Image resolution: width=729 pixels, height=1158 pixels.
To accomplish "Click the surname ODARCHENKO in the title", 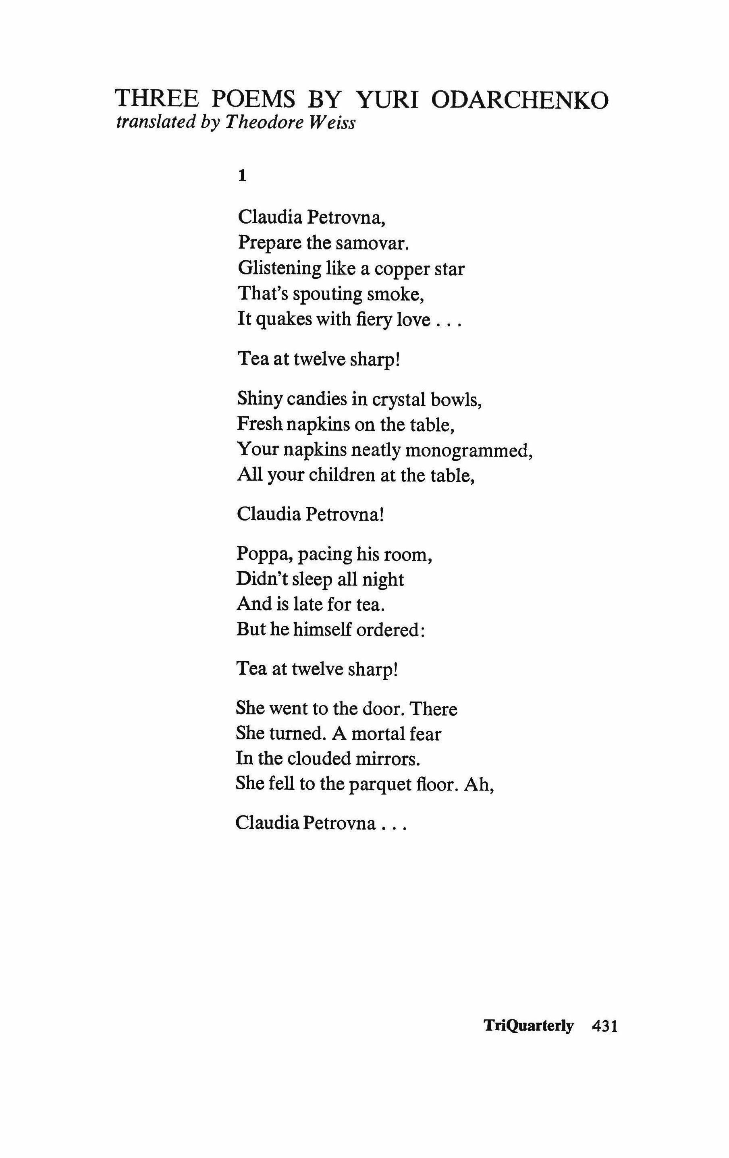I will tap(520, 100).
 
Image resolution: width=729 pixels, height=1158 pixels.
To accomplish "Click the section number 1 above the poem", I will tap(242, 176).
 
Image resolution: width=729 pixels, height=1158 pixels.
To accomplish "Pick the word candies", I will tap(314, 398).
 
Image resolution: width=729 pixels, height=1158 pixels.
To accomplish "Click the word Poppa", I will tap(264, 554).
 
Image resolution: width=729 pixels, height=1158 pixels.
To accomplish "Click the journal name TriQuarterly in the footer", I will tap(528, 1025).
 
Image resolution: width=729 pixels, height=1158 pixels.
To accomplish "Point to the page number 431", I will tap(604, 1026).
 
